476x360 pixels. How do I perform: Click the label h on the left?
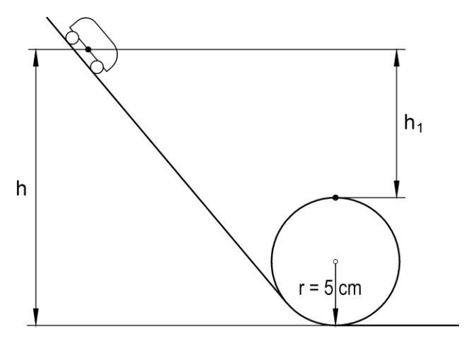[x=21, y=188]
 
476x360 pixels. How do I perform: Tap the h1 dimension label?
[x=413, y=124]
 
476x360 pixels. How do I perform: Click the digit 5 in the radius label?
[x=328, y=288]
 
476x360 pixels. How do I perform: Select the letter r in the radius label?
[x=301, y=289]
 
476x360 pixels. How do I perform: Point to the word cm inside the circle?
[x=350, y=289]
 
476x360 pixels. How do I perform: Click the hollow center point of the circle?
[x=335, y=261]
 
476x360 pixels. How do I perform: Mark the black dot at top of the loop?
[x=335, y=198]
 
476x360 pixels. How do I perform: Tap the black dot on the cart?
[x=88, y=49]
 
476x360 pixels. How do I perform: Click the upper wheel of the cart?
[x=73, y=38]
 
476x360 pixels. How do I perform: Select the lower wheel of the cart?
[x=97, y=67]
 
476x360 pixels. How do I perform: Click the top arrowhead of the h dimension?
[x=36, y=57]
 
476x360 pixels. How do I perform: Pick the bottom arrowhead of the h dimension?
[x=36, y=317]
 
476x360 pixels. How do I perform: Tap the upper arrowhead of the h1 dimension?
[x=396, y=57]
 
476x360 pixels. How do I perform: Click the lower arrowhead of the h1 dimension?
[x=396, y=189]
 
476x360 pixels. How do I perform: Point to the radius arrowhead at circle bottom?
[x=335, y=317]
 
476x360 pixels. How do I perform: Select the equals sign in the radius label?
[x=314, y=289]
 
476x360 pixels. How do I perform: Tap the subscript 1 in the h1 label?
[x=420, y=127]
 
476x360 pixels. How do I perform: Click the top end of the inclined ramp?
[x=47, y=18]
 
